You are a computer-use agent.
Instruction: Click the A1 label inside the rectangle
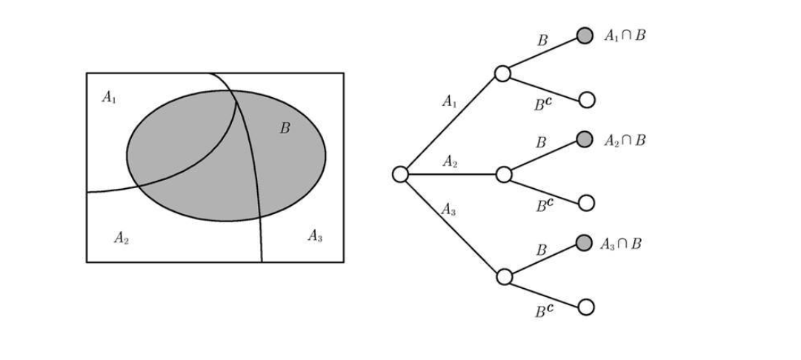pos(109,97)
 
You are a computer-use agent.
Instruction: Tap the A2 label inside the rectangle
pos(122,238)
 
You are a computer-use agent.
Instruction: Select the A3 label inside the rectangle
pos(315,236)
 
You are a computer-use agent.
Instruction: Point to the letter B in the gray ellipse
pos(285,128)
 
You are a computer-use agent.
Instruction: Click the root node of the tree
pos(400,174)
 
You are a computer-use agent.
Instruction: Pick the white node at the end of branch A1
pos(502,73)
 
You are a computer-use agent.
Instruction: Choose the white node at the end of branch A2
pos(504,175)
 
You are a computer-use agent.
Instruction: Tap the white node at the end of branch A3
pos(504,277)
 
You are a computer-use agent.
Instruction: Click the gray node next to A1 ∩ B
pos(585,36)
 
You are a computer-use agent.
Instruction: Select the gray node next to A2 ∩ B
pos(585,139)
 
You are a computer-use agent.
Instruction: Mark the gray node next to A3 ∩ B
pos(585,243)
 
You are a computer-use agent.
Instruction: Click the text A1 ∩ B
pos(625,36)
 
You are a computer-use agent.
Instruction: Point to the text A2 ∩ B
pos(625,140)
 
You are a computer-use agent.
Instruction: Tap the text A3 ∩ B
pos(621,244)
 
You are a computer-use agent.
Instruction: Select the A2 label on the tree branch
pos(450,161)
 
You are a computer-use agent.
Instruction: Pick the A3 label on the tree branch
pos(449,210)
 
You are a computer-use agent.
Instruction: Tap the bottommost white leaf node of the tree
pos(586,307)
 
